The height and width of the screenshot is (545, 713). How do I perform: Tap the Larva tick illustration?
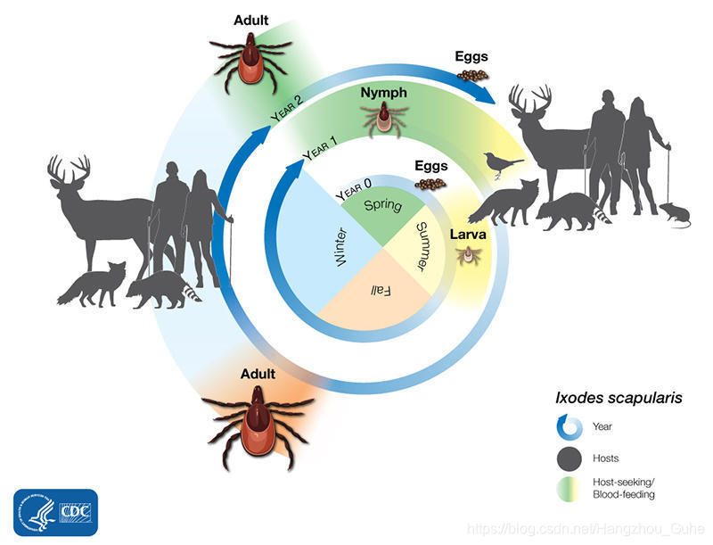coord(464,256)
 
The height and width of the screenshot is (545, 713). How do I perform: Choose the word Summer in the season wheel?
coord(426,247)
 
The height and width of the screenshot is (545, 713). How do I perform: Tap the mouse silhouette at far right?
coord(674,214)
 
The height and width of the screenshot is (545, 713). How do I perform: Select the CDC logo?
coord(55,512)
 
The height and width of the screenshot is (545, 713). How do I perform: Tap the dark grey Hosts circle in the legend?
coord(571,458)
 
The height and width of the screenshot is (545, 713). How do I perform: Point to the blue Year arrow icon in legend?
coord(571,427)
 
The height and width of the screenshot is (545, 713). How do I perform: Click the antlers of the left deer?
coord(69,168)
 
